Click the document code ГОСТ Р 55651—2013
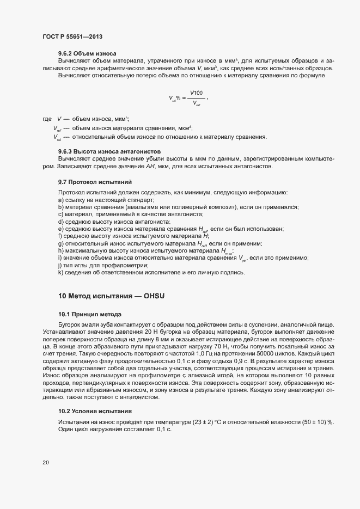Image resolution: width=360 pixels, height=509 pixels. (x=72, y=36)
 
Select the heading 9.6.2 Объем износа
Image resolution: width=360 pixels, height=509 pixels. (x=87, y=54)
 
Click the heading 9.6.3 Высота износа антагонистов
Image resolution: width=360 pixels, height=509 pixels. (x=108, y=150)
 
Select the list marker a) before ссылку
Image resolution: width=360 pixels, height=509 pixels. (x=61, y=200)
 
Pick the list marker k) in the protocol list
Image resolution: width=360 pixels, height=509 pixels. (x=61, y=272)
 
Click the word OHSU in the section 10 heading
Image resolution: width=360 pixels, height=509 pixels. (x=154, y=296)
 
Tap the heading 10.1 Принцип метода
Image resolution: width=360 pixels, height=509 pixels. (x=89, y=315)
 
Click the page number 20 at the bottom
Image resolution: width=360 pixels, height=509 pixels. (x=46, y=463)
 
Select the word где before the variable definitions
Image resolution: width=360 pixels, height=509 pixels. (x=46, y=119)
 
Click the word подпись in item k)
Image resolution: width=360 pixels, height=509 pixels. (x=234, y=272)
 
